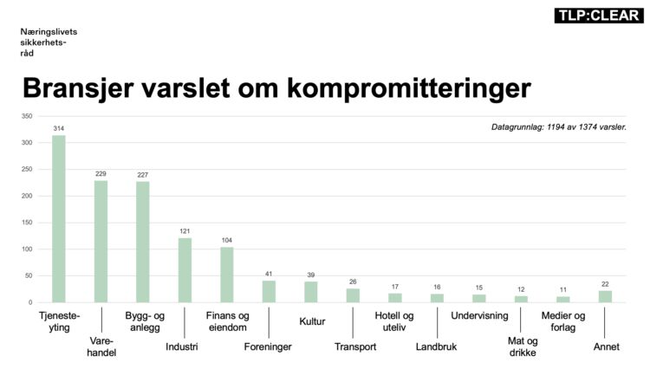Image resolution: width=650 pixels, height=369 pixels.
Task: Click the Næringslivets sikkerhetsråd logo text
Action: coord(43,41)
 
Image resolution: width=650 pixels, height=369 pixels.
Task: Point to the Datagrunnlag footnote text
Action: coord(559,127)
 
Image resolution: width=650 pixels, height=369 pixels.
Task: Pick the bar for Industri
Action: coord(185,269)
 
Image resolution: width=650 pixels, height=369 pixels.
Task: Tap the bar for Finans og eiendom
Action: coord(227,275)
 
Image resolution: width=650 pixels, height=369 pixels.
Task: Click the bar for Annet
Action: coord(605,296)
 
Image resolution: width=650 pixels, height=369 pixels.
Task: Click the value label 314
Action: coord(59,128)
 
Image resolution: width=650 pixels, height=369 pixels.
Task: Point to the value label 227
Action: coord(143,175)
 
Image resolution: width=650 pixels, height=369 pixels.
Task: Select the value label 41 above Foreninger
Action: coord(269,274)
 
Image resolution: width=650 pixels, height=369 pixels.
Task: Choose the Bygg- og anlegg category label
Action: coord(143,321)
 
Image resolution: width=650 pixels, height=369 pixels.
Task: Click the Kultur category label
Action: coord(311,321)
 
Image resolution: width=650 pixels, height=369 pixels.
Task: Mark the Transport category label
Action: coord(354,347)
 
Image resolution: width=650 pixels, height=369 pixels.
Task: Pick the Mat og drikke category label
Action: coord(523,346)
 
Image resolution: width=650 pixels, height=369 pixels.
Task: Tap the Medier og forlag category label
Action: coord(563,321)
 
